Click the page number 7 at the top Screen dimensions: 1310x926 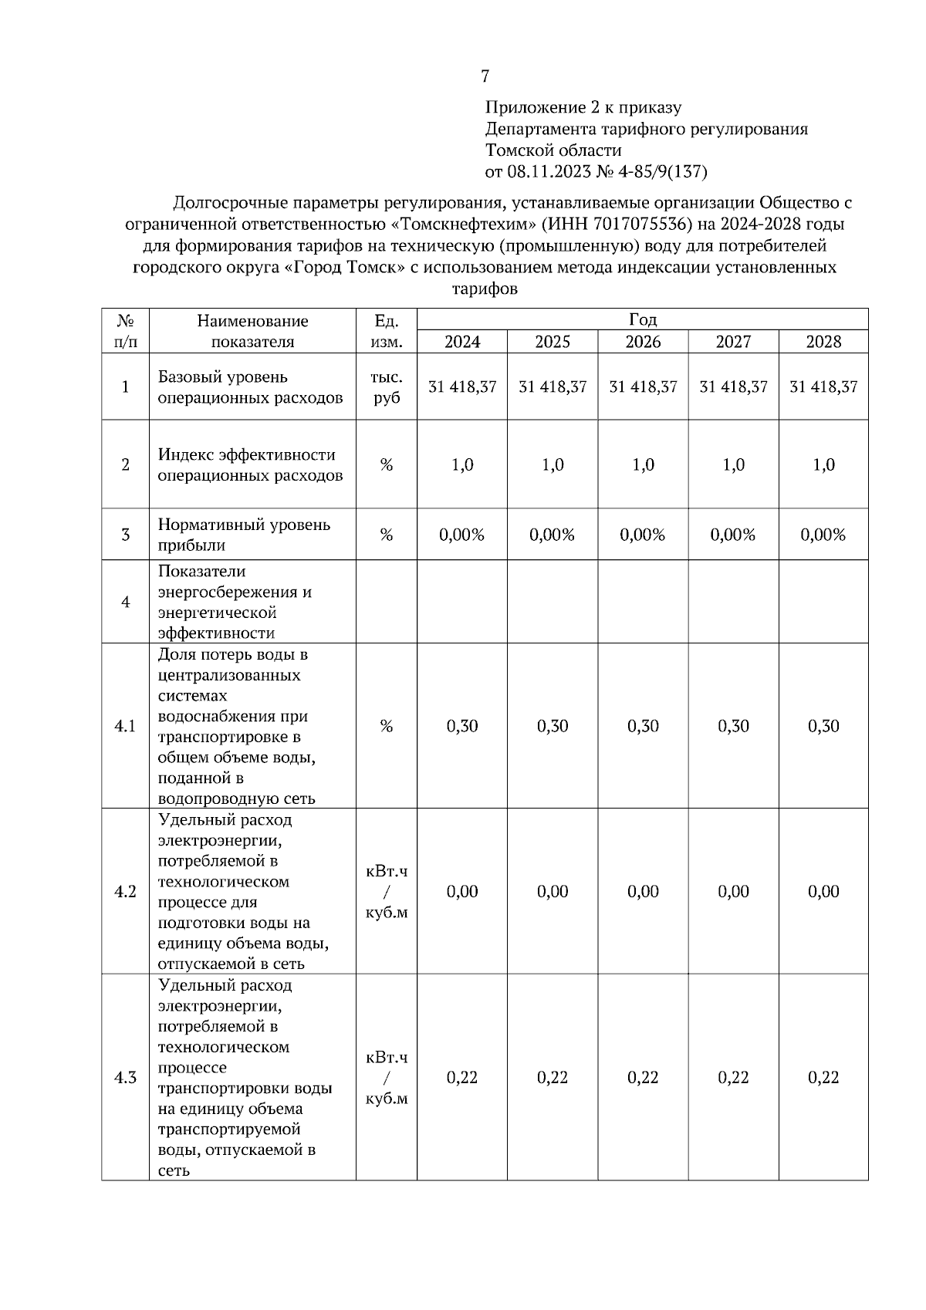(485, 76)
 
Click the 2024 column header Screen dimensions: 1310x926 (462, 342)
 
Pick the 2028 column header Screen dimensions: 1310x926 (823, 342)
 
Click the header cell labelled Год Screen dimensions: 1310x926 (642, 319)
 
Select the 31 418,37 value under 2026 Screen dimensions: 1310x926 (643, 387)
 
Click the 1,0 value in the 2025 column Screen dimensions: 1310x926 (553, 465)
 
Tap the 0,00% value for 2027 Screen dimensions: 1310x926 (733, 535)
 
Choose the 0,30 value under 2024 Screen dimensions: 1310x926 (462, 726)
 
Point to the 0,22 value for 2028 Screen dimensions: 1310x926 (823, 1078)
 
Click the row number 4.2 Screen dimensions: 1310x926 (125, 892)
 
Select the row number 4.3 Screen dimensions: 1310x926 (125, 1078)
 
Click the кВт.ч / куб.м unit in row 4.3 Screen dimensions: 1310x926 (387, 1078)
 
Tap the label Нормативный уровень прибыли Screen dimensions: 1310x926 (244, 535)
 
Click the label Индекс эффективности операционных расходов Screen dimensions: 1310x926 (250, 465)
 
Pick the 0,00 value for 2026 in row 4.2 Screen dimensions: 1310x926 (643, 892)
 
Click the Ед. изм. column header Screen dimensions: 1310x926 (387, 331)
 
